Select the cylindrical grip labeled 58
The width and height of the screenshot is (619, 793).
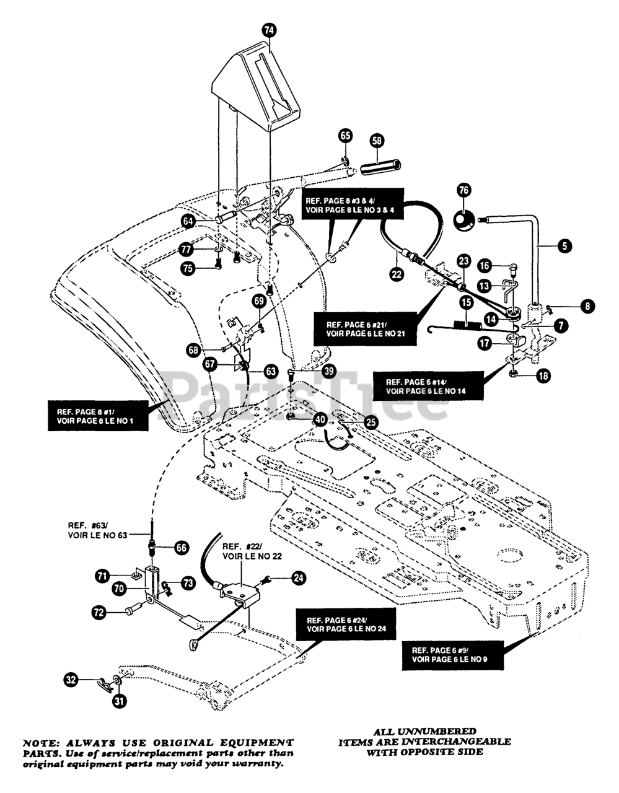point(380,166)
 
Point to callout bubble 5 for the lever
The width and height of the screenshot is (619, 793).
point(564,246)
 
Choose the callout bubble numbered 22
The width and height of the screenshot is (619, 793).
point(397,273)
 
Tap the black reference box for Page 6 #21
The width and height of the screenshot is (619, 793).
point(365,329)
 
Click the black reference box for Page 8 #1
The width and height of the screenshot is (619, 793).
point(98,416)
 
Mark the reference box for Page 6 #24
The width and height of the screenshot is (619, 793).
point(346,624)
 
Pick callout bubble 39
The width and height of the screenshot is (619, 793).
point(329,371)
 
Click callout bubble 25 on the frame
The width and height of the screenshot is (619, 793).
point(371,423)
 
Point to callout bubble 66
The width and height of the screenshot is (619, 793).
point(182,548)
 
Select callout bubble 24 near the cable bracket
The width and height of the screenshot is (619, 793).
point(299,577)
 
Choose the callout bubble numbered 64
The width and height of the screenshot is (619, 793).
point(188,222)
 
